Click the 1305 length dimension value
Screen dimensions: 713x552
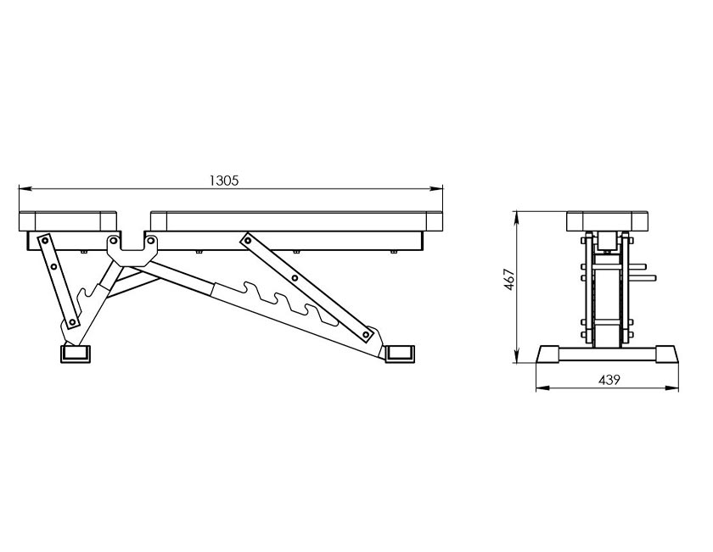(224, 181)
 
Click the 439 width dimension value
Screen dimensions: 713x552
(609, 379)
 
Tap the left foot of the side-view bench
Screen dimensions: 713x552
(75, 354)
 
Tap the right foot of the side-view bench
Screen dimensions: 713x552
(400, 354)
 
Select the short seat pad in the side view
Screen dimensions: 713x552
(68, 221)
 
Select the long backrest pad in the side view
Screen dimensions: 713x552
(296, 221)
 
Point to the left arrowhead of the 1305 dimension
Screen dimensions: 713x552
(24, 187)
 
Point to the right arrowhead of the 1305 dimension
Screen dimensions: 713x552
(437, 187)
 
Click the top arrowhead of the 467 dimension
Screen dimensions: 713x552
(517, 217)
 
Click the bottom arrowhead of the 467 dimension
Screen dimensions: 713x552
(517, 357)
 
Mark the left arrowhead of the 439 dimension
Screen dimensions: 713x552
(542, 388)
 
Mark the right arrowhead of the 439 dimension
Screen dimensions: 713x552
(672, 388)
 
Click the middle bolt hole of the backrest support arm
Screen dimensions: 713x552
(295, 277)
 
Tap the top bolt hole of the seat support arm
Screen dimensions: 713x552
(46, 238)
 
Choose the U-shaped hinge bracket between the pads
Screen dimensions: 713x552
(132, 250)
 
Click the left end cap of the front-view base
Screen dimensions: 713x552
(548, 354)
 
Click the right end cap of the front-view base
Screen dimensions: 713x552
(667, 354)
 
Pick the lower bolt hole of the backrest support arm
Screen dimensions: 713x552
(366, 335)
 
